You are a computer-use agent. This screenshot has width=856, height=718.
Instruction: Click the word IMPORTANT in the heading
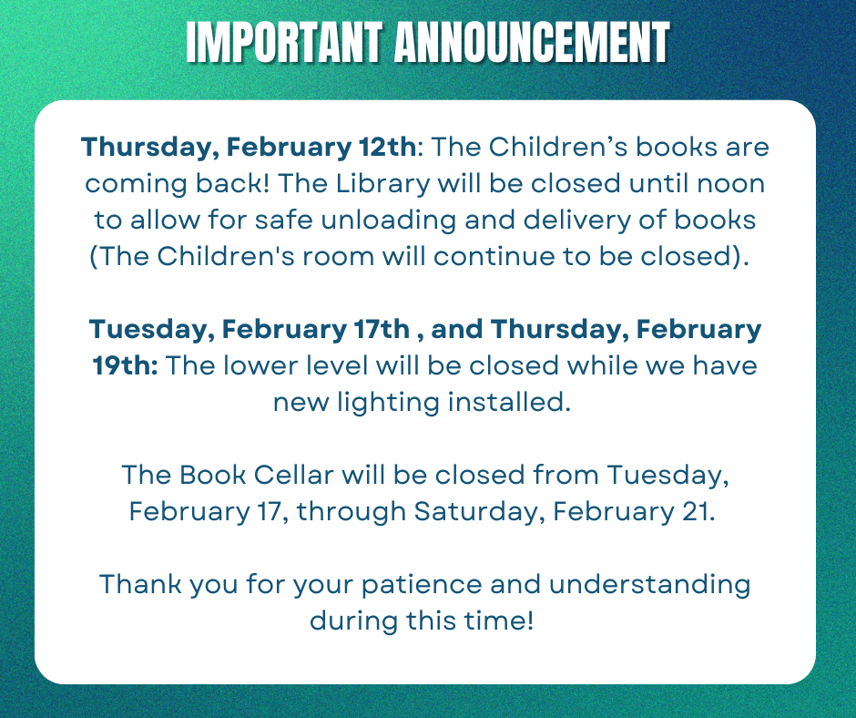283,43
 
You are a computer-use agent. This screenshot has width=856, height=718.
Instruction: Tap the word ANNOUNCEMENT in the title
532,43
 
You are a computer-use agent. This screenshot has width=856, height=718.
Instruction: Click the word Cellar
265,475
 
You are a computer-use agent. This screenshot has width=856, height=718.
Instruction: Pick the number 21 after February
696,511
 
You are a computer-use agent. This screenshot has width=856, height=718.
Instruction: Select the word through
351,511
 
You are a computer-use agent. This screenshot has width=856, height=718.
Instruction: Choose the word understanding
649,584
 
